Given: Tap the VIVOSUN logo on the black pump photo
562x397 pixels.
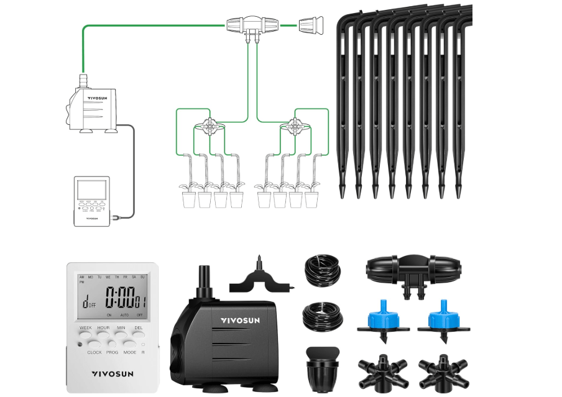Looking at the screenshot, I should click(x=244, y=321).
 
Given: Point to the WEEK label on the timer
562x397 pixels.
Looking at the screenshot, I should click(x=86, y=327).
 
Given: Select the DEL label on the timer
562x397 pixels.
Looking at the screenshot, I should click(x=138, y=327).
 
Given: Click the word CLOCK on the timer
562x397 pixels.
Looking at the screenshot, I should click(x=94, y=352).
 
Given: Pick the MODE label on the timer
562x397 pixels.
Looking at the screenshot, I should click(x=130, y=352).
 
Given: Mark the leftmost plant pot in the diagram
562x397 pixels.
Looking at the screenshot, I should click(x=190, y=199).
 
